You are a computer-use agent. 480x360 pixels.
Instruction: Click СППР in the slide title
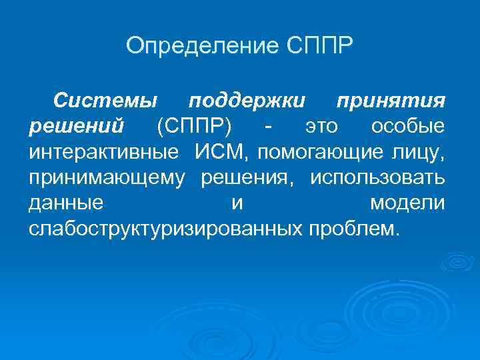322,47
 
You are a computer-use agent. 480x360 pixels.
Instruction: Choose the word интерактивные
104,151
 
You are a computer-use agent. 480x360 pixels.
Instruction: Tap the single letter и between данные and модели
237,203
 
